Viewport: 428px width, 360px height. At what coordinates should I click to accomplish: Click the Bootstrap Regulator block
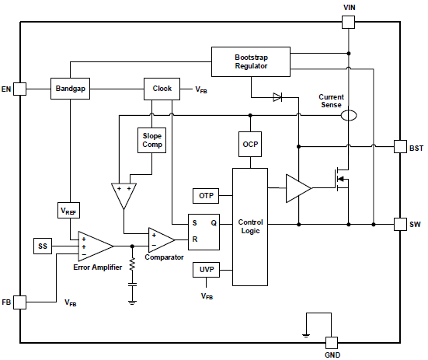[x=251, y=61]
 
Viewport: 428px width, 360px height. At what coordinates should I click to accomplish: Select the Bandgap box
[x=70, y=89]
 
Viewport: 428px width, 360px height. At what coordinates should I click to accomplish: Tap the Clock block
[x=162, y=89]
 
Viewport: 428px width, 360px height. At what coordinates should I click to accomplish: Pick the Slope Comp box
[x=151, y=140]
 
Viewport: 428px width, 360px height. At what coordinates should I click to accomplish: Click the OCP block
[x=250, y=144]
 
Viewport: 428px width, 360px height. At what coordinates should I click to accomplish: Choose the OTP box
[x=206, y=196]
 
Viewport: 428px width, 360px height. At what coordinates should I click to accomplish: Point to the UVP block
[x=206, y=270]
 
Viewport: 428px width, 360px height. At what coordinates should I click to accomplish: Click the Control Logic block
[x=250, y=227]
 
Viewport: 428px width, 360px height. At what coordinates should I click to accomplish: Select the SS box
[x=43, y=246]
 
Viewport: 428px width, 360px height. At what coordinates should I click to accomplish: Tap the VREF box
[x=68, y=210]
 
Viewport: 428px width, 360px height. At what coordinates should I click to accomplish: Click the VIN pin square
[x=349, y=22]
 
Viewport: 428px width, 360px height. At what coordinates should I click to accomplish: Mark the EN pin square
[x=20, y=89]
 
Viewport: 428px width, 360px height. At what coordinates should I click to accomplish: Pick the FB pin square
[x=20, y=302]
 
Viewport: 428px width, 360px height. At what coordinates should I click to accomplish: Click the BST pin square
[x=401, y=147]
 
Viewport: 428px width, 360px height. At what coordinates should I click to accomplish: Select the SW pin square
[x=401, y=224]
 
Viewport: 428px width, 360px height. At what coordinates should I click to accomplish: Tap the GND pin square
[x=332, y=343]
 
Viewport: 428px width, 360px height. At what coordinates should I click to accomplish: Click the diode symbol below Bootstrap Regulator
[x=277, y=97]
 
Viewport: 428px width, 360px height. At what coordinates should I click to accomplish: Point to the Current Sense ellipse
[x=349, y=115]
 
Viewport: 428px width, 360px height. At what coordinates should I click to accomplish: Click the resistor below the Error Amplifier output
[x=132, y=264]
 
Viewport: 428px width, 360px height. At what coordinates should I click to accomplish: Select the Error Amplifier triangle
[x=96, y=246]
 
